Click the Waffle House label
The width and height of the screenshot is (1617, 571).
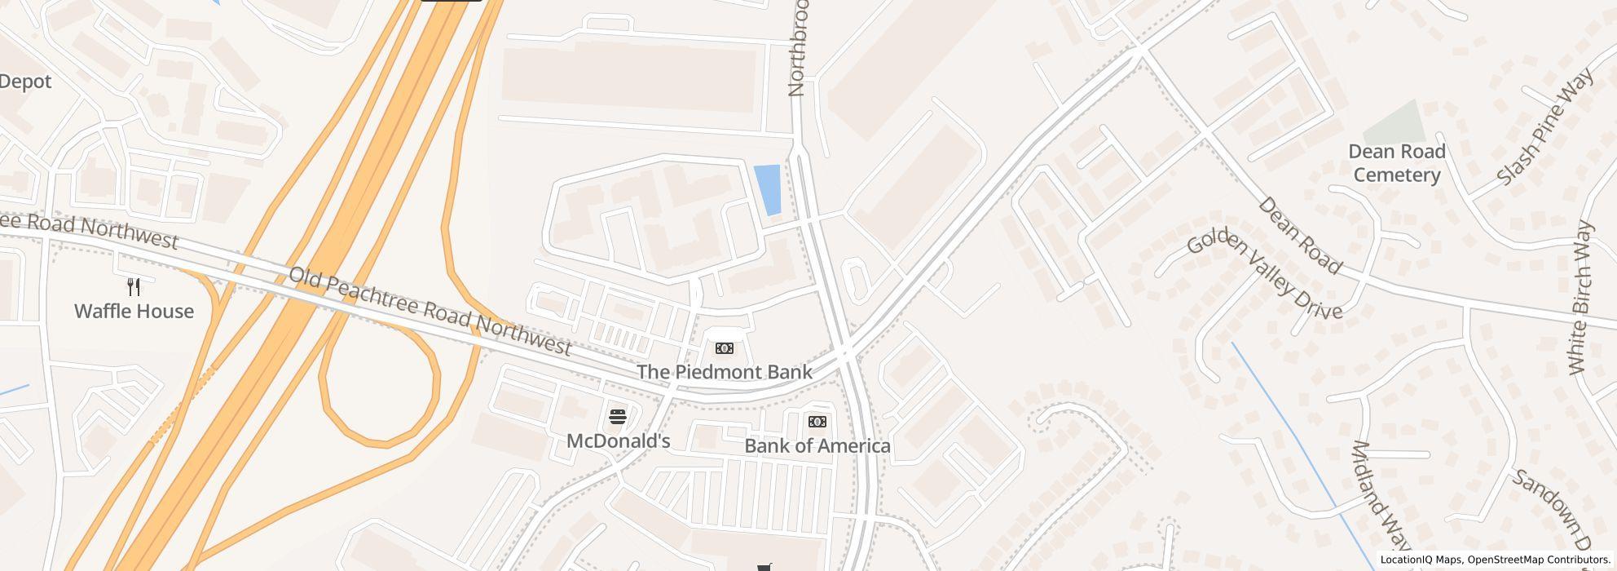[134, 312]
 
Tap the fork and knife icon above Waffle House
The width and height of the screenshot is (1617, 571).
[134, 287]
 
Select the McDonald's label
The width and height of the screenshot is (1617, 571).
[618, 441]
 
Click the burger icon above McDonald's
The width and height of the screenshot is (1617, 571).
[618, 418]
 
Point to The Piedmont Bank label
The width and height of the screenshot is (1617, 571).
[724, 373]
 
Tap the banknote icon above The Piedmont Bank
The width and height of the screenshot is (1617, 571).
[724, 349]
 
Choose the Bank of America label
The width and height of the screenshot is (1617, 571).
[817, 446]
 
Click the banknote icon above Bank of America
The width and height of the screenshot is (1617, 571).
[817, 422]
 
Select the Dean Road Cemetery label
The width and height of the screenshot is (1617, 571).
[1396, 163]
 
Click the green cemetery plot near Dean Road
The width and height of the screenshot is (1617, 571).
[1396, 122]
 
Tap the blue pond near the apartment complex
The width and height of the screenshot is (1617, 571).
[768, 190]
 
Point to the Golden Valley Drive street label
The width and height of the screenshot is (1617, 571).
[1263, 276]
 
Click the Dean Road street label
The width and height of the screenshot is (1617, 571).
[1299, 235]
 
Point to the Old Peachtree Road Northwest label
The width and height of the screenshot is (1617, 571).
[430, 311]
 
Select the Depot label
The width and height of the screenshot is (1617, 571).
[25, 82]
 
